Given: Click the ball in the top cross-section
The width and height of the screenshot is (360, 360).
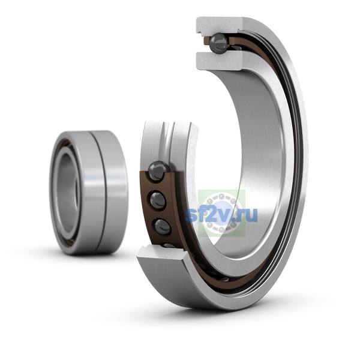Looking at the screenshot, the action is coord(219,43).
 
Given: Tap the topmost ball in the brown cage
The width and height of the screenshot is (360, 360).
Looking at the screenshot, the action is coord(158,171).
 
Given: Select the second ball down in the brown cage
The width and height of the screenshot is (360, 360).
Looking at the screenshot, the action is coord(158,200).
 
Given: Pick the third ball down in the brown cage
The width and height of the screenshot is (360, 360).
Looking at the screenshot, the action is coord(163,226).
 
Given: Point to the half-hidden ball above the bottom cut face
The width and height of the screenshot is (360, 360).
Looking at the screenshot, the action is coord(168,245).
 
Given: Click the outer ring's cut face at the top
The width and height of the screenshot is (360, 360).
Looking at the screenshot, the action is coord(218,25).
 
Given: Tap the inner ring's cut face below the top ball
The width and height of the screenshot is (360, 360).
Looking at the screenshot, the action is coord(219,60).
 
